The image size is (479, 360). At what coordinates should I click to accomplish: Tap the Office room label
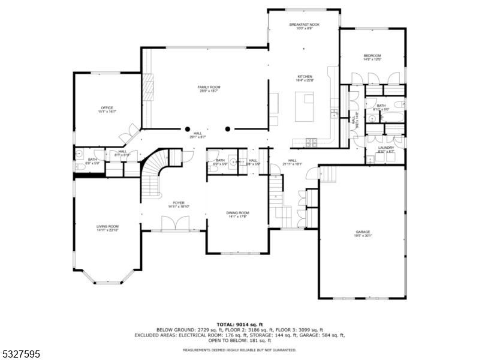[107, 109]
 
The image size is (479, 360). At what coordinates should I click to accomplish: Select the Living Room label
[107, 228]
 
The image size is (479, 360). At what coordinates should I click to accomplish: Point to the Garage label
[363, 233]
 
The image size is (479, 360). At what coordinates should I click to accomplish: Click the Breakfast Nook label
[305, 26]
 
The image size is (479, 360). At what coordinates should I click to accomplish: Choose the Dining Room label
[237, 214]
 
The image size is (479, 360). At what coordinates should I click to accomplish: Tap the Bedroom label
[372, 58]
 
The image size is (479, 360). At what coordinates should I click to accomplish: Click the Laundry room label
[385, 149]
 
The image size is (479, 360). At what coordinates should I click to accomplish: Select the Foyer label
[179, 205]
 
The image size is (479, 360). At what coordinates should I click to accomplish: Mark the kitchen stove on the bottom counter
[311, 142]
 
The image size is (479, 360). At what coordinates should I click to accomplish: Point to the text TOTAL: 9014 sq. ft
[240, 325]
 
